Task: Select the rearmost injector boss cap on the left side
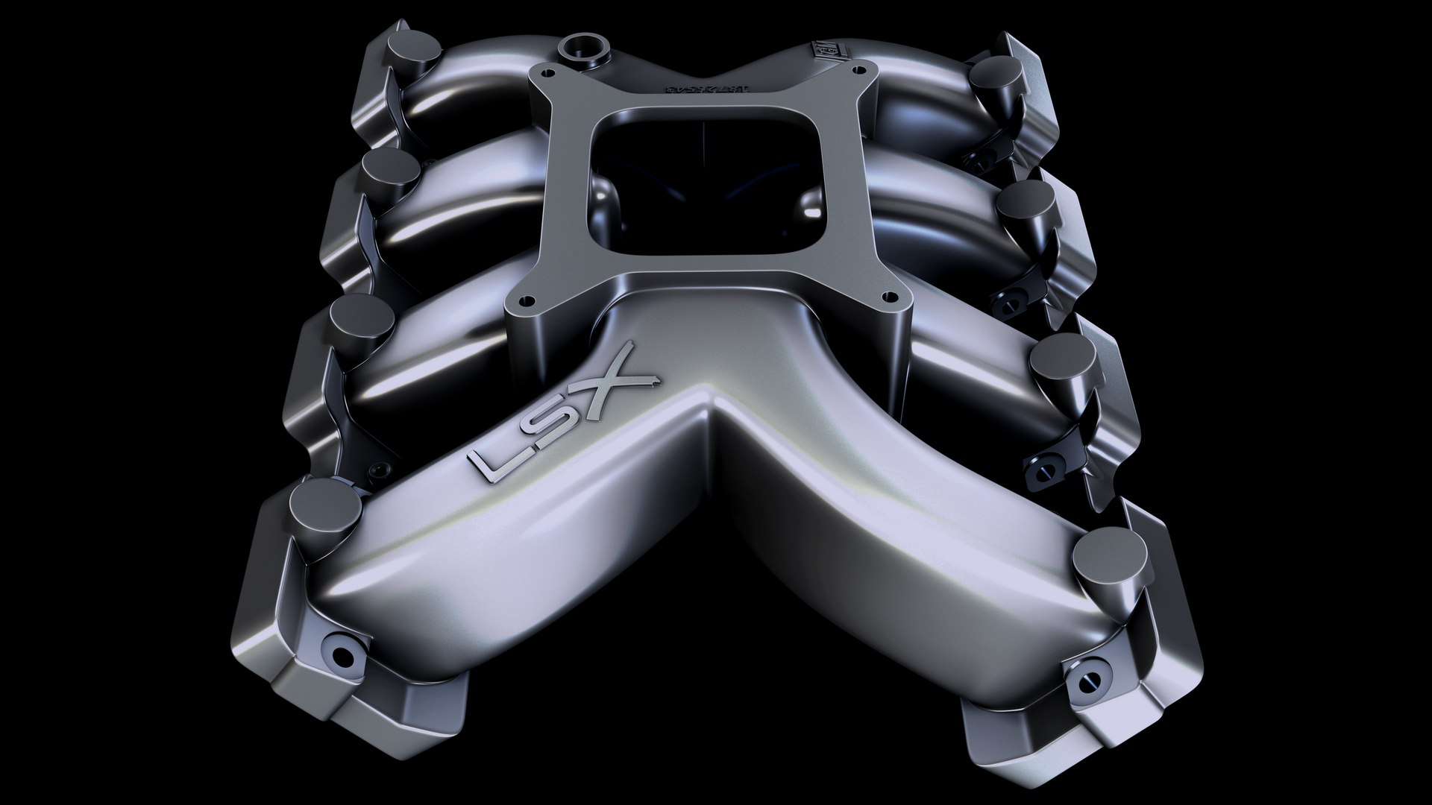pos(409,49)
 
